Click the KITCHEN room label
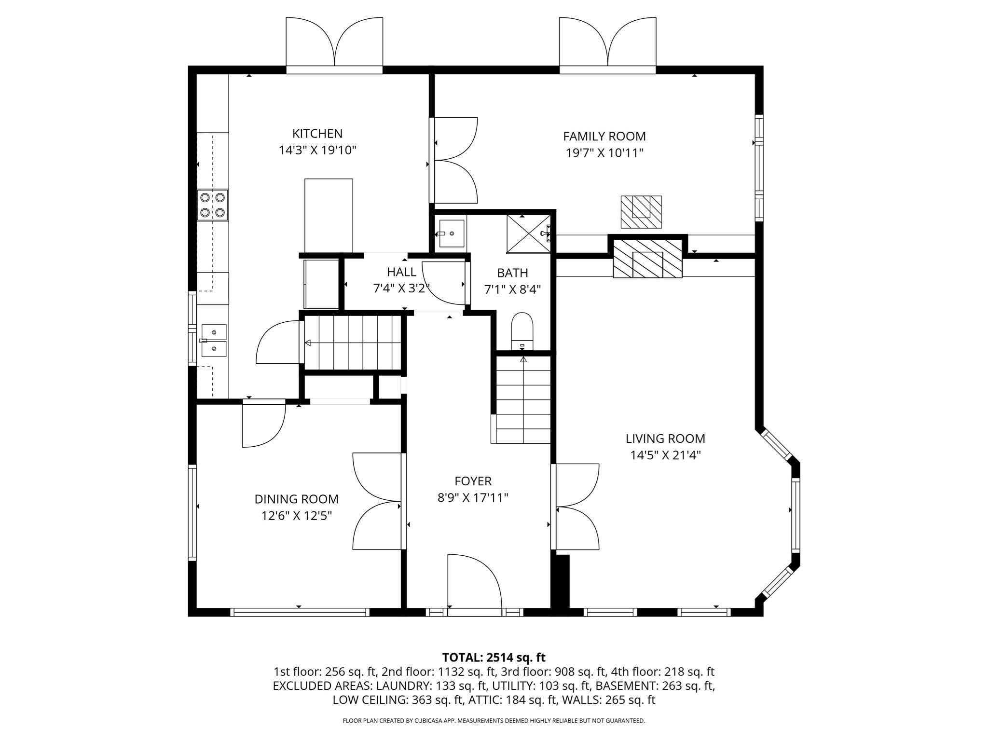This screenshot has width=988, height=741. pos(317,134)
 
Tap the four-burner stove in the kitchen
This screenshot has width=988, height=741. pos(213,205)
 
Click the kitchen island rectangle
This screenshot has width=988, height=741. pos(329,215)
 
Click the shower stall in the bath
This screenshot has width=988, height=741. pos(528,233)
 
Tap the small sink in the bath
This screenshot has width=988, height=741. pos(451,233)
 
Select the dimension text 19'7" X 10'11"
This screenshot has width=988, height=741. pos(604,153)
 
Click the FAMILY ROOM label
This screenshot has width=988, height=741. pos(604,137)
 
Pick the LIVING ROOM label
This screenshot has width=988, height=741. pos(665,439)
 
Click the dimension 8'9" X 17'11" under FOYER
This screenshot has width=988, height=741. pos(473,498)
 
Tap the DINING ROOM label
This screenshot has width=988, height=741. pos(296,499)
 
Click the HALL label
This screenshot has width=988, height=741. pos(401,272)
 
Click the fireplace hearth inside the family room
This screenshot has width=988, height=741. pos(641,212)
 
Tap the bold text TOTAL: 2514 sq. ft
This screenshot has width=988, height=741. pos(494,657)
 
